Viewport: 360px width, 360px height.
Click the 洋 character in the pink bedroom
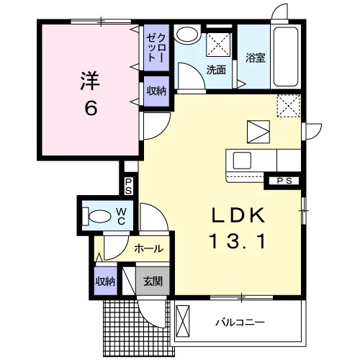coord(90,81)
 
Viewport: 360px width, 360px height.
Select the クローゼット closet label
coord(156,48)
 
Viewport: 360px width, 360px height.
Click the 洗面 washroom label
coord(216,70)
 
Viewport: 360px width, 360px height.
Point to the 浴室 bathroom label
coord(256,58)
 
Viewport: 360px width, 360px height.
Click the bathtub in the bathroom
coord(286,57)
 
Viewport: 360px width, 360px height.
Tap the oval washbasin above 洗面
coord(187,35)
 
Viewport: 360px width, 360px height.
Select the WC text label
coord(121,217)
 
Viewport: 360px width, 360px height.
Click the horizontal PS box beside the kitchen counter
coord(284,181)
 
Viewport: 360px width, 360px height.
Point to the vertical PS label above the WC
coord(128,186)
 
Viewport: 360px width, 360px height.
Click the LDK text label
coord(238,215)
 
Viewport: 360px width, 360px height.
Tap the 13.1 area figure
coord(238,241)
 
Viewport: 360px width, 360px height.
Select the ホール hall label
coord(149,248)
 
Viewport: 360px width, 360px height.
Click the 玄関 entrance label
coord(153,281)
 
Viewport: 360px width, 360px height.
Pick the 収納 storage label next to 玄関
coord(106,282)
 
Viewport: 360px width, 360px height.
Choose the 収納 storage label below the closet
coord(156,91)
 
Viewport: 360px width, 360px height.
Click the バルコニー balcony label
coord(240,322)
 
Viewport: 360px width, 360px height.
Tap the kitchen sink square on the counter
coord(242,160)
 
